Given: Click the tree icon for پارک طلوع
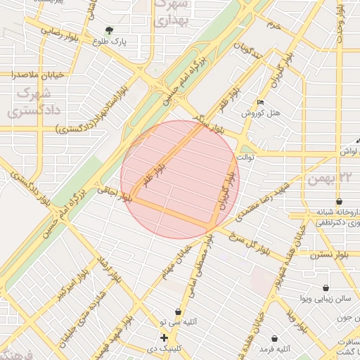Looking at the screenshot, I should coord(109,30).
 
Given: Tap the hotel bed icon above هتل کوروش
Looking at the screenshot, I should coord(261,103).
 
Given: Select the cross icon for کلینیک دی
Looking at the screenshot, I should coord(165,338).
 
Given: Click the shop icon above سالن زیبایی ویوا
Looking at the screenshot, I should coord(326,288).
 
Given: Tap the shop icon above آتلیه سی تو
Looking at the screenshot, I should coord(178,311).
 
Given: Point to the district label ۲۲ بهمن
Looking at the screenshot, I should coord(333,179).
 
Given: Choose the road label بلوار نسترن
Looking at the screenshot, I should coord(330,254).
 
